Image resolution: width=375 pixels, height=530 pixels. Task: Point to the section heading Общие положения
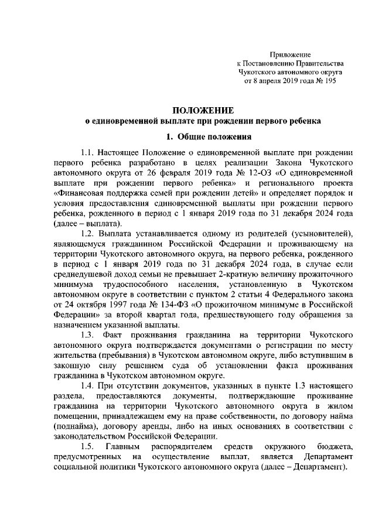coord(210,138)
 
